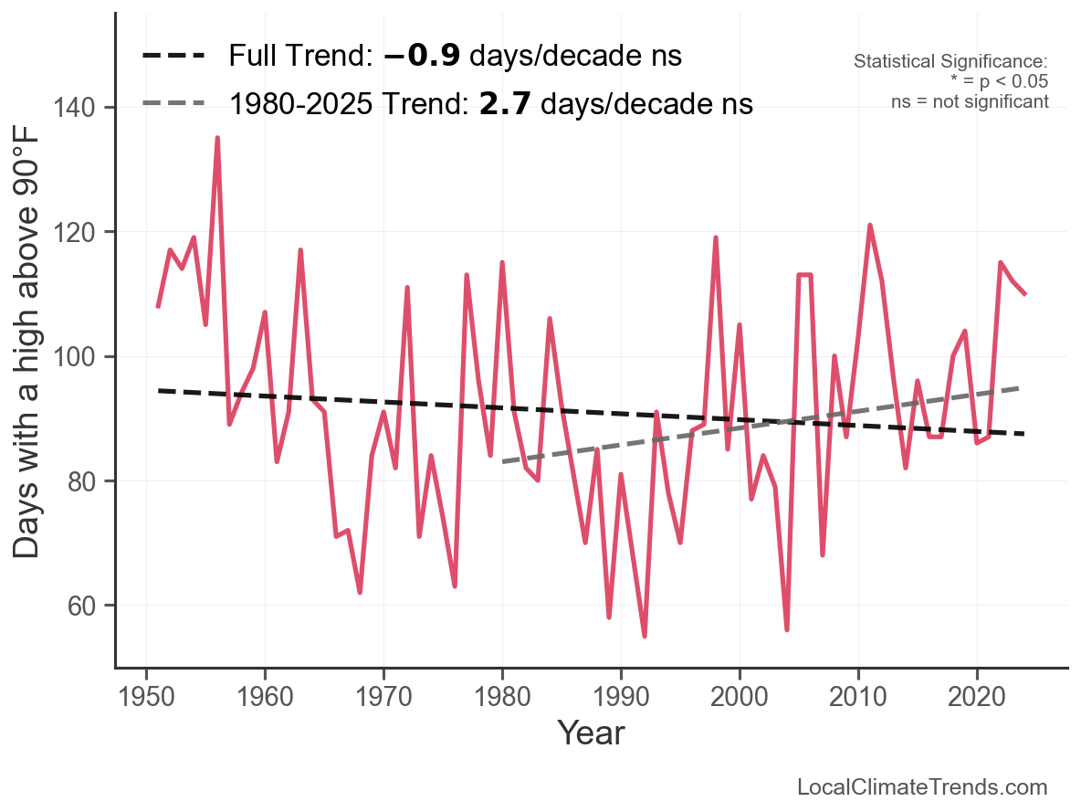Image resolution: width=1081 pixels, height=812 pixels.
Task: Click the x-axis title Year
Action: click(x=591, y=733)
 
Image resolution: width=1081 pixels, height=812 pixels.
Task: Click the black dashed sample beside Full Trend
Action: click(x=173, y=57)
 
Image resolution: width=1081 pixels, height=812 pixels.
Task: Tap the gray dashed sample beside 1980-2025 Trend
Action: click(x=173, y=104)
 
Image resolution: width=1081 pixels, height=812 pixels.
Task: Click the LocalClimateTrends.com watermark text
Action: click(x=922, y=787)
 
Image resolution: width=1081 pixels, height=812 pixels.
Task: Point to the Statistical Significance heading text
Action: click(x=950, y=61)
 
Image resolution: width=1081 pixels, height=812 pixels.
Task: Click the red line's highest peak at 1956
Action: click(x=217, y=138)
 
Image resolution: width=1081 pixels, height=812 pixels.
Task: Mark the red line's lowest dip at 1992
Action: click(x=645, y=636)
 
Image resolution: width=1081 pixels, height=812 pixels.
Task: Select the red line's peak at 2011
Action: click(x=870, y=225)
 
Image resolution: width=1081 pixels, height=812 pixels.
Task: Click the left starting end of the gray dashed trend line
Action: click(x=503, y=462)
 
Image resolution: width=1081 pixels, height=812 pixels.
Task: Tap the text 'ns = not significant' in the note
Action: click(x=970, y=101)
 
